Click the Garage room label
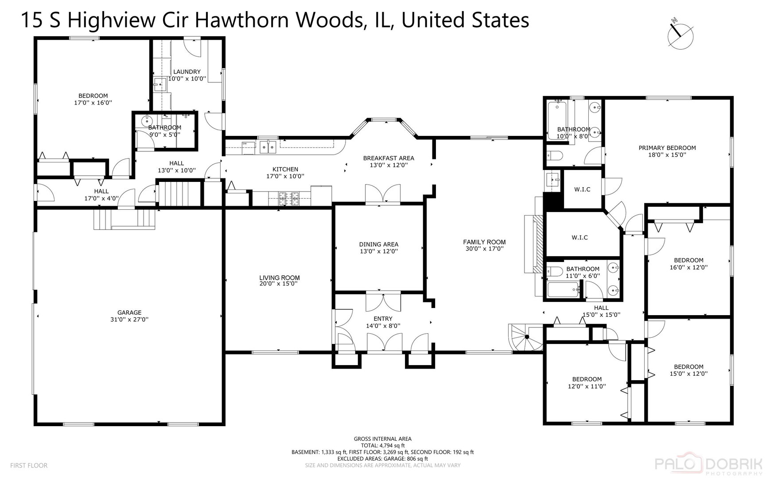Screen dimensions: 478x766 (129, 316)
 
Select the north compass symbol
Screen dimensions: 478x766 (680, 35)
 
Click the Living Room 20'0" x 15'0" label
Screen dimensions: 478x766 (280, 281)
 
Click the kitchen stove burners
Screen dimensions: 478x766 (289, 198)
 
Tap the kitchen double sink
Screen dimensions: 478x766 (268, 146)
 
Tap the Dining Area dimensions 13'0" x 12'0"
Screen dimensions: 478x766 (379, 251)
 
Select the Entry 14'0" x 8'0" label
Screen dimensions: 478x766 (383, 322)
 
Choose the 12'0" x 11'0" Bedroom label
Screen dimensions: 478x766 (587, 382)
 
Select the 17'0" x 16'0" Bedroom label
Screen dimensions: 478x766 (93, 99)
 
